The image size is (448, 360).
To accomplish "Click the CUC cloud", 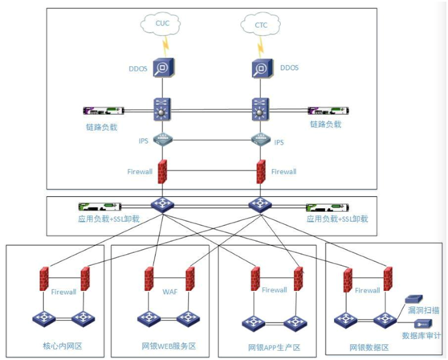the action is click(x=161, y=24).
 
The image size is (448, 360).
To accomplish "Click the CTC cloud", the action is click(x=261, y=25).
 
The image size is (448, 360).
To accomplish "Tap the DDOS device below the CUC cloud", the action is click(x=163, y=68).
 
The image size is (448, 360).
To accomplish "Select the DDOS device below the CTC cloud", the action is click(x=262, y=68).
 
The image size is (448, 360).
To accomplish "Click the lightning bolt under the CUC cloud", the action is click(x=165, y=47).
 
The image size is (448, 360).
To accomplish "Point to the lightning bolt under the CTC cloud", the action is click(x=260, y=47).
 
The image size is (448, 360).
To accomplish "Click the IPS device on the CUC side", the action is click(x=162, y=140).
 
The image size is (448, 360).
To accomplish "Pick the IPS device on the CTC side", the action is click(x=261, y=140).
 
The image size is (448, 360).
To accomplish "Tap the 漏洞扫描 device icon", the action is click(x=413, y=300).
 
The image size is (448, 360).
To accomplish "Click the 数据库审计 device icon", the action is click(x=423, y=324).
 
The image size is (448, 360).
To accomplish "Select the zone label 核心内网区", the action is click(x=63, y=346).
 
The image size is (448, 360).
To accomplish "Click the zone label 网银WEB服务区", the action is click(x=169, y=346).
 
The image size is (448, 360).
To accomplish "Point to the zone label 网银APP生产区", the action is click(x=275, y=347).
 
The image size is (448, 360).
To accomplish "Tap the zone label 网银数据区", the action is click(x=369, y=347).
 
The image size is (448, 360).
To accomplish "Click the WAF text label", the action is click(x=170, y=292).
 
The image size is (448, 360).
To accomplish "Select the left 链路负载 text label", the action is click(x=102, y=127).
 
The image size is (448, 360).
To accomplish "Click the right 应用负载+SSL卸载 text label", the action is click(x=337, y=219).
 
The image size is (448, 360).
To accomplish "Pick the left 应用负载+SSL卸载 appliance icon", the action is click(x=100, y=207).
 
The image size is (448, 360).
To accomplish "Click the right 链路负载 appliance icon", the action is click(x=328, y=111).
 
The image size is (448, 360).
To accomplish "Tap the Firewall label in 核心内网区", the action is click(x=63, y=292).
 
